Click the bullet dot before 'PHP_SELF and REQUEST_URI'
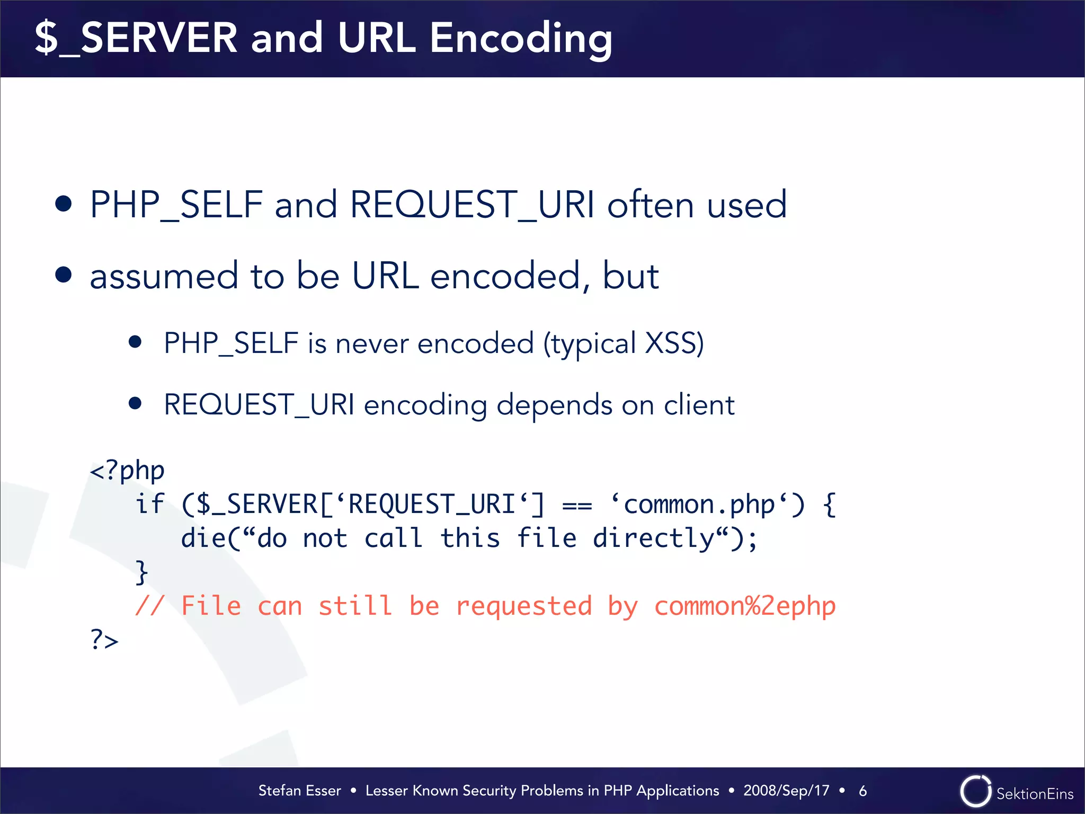[64, 204]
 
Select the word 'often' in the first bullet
[650, 205]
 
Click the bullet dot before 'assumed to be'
[64, 275]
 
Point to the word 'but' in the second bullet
[630, 276]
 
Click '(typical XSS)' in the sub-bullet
[624, 344]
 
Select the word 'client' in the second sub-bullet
[699, 405]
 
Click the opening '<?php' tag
[127, 471]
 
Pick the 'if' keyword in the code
[150, 504]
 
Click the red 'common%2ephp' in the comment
[744, 606]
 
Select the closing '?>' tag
[104, 640]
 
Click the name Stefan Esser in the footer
[299, 791]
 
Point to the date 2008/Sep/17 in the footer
[786, 791]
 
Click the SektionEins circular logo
[975, 791]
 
